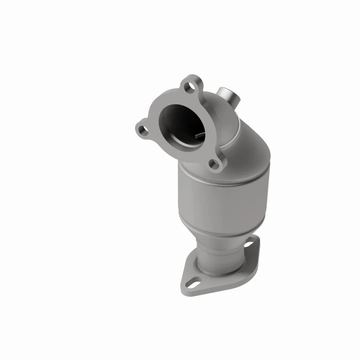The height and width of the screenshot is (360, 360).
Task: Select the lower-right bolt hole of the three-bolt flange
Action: [x=215, y=164]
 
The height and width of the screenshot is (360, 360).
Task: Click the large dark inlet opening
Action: [x=180, y=121]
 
